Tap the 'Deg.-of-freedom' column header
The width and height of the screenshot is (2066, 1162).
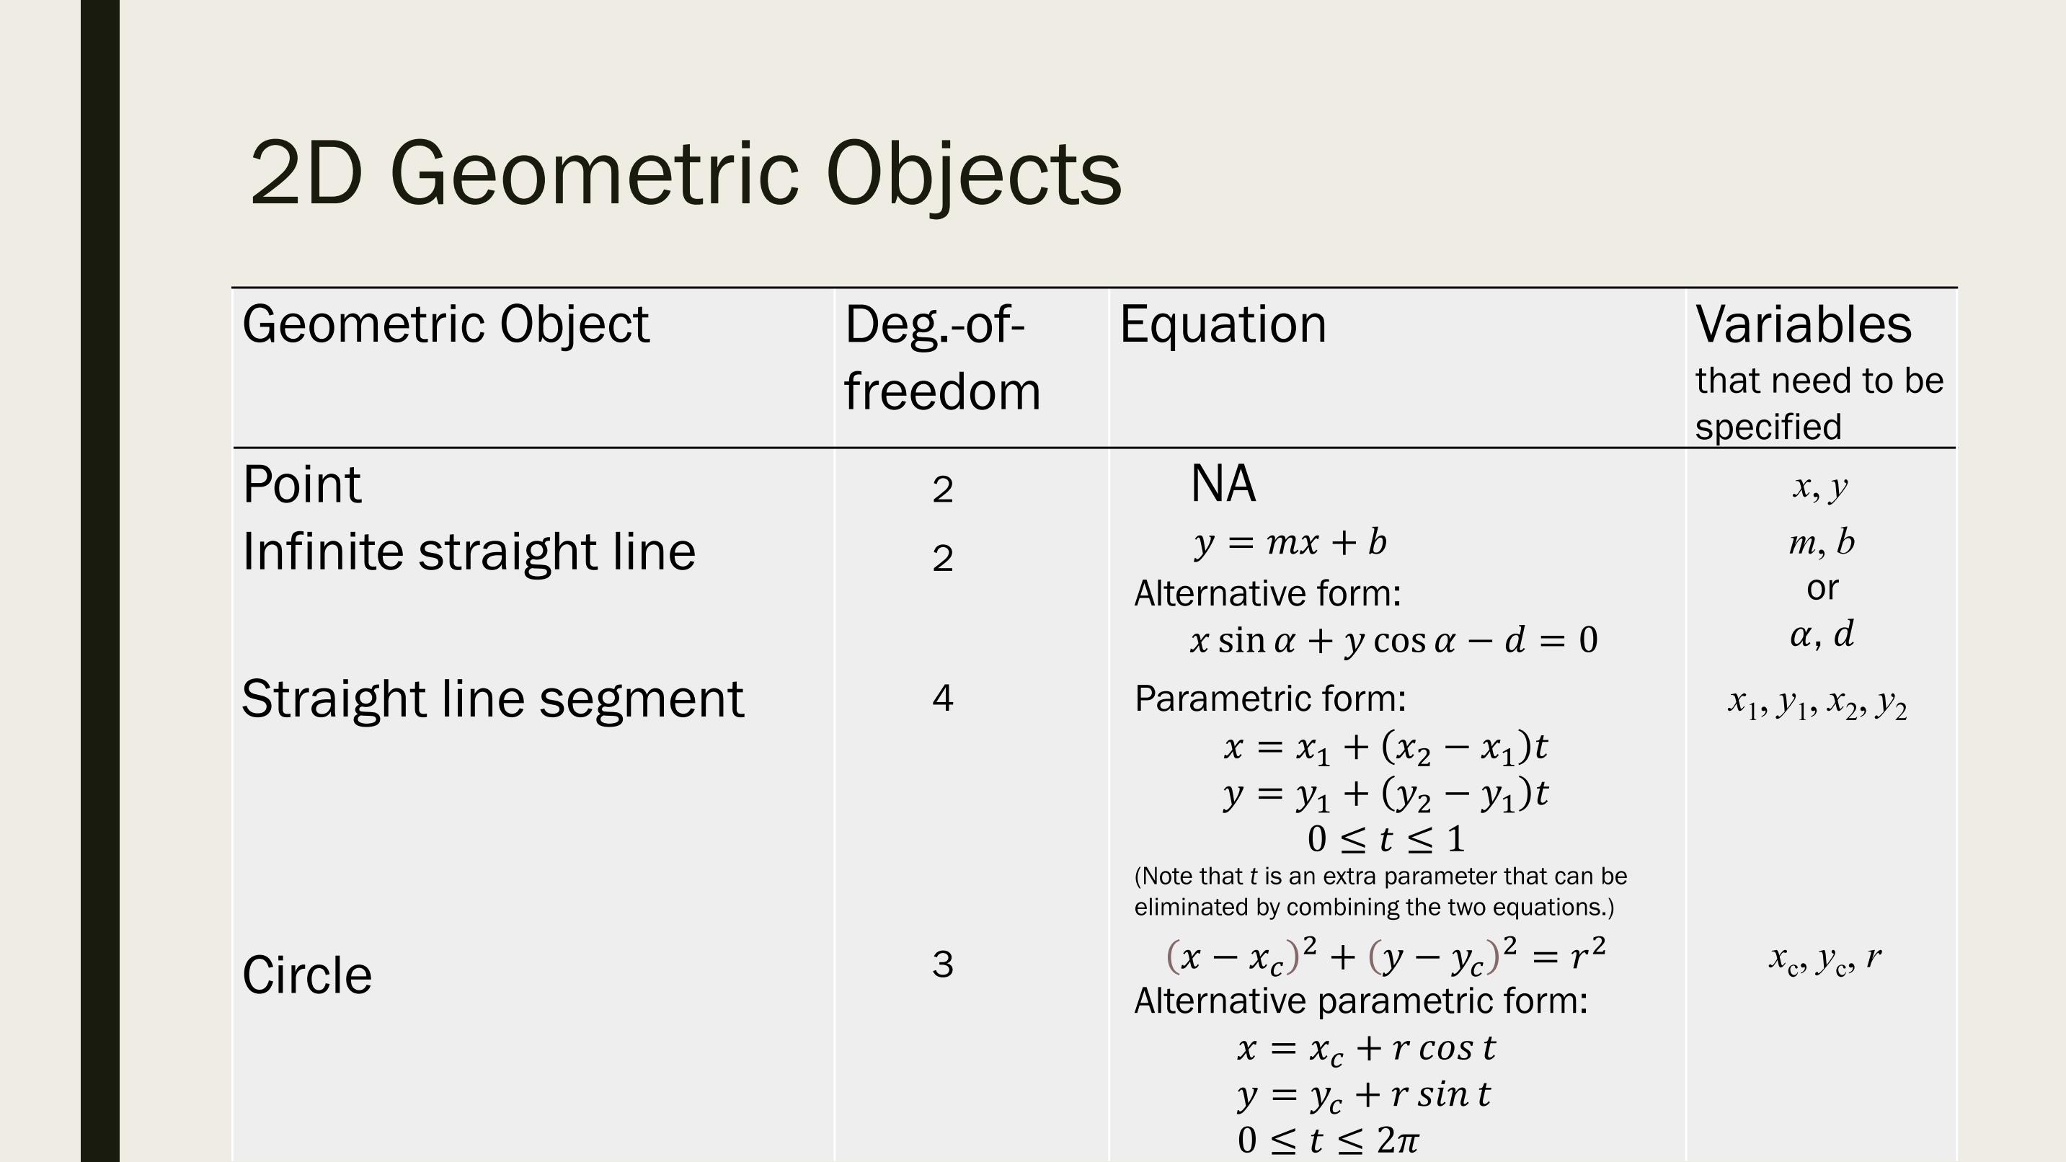(942, 358)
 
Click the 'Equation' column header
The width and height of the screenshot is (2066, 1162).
(1223, 325)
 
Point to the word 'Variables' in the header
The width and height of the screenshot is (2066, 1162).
(1804, 325)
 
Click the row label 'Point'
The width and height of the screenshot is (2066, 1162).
(301, 485)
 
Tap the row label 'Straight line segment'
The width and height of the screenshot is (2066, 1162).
(492, 699)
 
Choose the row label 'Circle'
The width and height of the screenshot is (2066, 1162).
(307, 975)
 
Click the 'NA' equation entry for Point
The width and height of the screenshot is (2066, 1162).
(1223, 484)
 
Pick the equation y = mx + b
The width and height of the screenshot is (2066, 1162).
(1290, 544)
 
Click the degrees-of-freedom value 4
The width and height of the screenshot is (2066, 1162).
(942, 698)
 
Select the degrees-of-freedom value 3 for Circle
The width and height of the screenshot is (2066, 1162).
(942, 964)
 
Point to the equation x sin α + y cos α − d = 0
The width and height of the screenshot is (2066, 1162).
(1394, 641)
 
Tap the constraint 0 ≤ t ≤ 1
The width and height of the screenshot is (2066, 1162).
(1386, 840)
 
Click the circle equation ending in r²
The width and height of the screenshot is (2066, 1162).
(1386, 956)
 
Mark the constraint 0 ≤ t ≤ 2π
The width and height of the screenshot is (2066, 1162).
(1328, 1140)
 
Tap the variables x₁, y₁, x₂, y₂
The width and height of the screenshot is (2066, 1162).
(1817, 704)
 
